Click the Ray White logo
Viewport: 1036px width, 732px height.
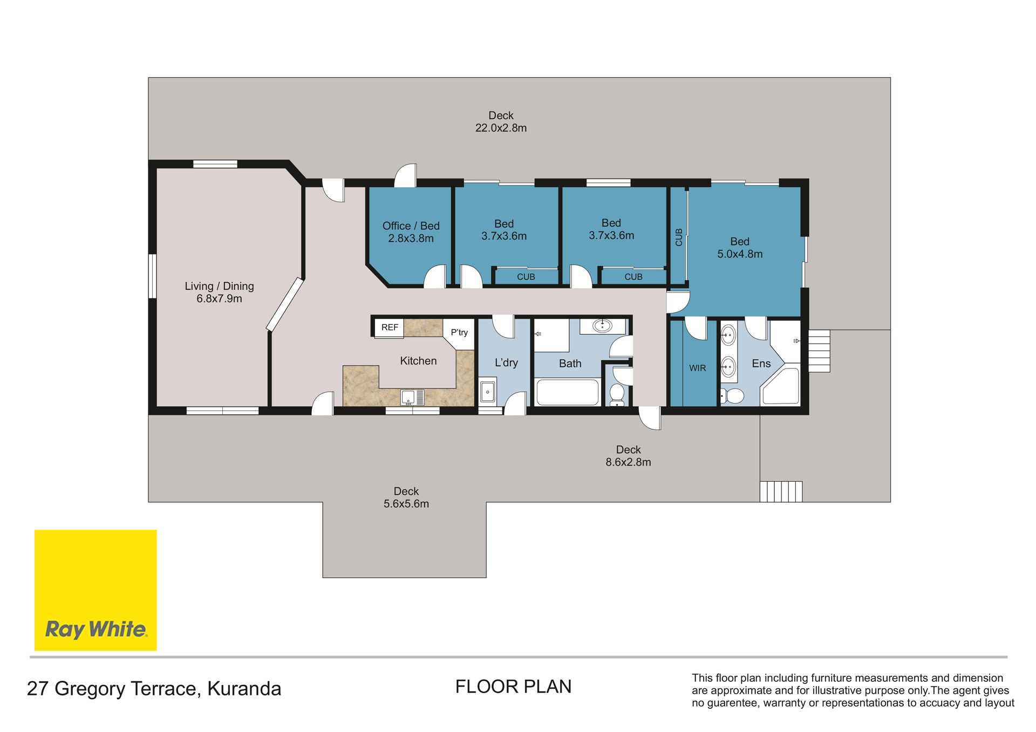[x=96, y=590]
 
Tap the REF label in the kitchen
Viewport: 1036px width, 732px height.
[x=390, y=327]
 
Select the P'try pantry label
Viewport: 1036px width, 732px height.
[x=459, y=332]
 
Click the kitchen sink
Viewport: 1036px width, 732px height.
[x=412, y=398]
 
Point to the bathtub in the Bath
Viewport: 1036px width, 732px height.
[x=568, y=392]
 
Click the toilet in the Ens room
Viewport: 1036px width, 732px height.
[x=732, y=396]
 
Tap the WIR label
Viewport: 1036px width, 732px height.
[x=697, y=368]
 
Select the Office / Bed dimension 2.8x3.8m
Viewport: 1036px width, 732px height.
[x=411, y=238]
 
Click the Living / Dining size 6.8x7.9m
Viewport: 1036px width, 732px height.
[x=219, y=298]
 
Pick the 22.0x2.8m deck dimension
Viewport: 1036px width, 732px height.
[x=501, y=128]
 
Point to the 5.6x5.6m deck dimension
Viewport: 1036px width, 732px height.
[x=406, y=504]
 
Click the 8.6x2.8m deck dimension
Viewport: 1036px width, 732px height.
[x=628, y=462]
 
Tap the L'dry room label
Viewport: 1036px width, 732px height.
[x=506, y=362]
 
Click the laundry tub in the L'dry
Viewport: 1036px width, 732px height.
[x=488, y=391]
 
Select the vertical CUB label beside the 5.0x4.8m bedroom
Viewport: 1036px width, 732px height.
[x=679, y=237]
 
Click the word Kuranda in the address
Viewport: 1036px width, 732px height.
[x=244, y=689]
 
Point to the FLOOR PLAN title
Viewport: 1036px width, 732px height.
[x=513, y=687]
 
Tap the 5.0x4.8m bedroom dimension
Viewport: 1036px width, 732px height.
[x=740, y=254]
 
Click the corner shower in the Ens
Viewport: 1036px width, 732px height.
[x=780, y=386]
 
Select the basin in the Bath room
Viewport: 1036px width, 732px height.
[x=602, y=325]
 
